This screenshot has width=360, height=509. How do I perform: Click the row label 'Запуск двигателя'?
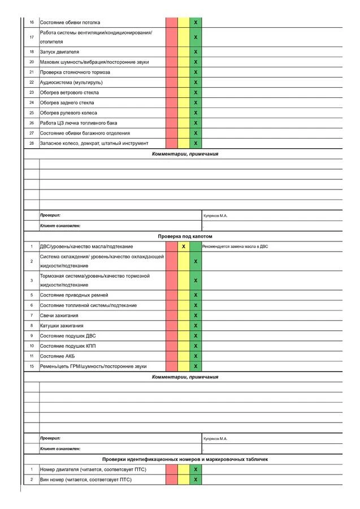tap(59, 52)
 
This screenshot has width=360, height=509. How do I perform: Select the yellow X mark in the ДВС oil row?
tap(184, 247)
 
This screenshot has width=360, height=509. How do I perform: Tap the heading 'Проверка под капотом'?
tap(185, 236)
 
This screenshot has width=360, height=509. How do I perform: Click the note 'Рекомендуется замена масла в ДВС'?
tap(235, 247)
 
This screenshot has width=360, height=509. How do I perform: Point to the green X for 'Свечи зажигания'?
tap(196, 316)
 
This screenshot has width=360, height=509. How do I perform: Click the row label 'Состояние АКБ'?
tap(57, 356)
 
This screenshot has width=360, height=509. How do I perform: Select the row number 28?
tap(32, 144)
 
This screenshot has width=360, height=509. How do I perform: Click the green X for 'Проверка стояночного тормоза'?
tap(196, 72)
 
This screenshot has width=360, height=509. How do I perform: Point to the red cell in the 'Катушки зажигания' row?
tap(171, 326)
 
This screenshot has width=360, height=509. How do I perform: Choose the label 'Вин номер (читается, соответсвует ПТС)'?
tap(85, 480)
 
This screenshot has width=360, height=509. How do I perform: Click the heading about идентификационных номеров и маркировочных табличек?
tap(185, 459)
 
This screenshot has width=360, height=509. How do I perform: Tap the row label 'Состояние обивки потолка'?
tap(70, 23)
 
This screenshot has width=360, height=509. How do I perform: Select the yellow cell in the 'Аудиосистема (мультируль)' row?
tap(184, 83)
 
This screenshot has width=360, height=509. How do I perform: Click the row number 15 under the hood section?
tap(32, 366)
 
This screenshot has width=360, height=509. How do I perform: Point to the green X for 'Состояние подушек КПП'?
tap(196, 346)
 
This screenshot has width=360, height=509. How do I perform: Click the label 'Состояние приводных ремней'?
tap(73, 295)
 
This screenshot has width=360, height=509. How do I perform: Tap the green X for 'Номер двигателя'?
tap(196, 469)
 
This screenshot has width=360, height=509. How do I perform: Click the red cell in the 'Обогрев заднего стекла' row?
tap(171, 103)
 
